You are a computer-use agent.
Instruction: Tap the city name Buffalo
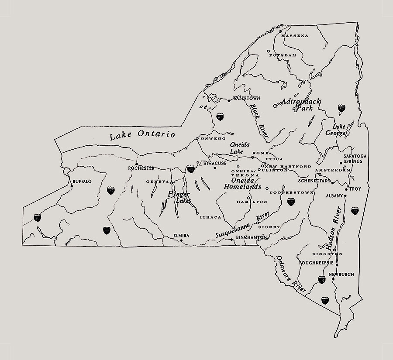coord(82,181)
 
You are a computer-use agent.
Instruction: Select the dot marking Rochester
coord(137,164)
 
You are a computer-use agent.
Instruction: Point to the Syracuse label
coord(215,163)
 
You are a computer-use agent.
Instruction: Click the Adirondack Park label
coord(300,104)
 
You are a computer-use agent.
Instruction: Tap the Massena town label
coord(295,35)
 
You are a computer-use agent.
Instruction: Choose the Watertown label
coord(246,98)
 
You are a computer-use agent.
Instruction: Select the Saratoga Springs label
coord(355,158)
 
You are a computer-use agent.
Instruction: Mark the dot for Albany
coord(345,196)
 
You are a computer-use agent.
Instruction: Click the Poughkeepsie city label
coord(317,263)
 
